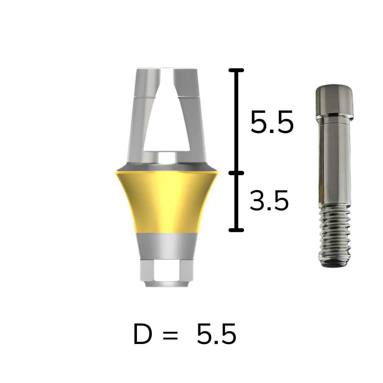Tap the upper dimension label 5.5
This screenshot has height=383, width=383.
[272, 122]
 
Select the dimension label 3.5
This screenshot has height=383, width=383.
[270, 200]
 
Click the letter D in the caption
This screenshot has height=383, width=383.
[143, 334]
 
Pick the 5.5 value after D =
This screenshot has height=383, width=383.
[216, 334]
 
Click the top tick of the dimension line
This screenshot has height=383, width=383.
[236, 70]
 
